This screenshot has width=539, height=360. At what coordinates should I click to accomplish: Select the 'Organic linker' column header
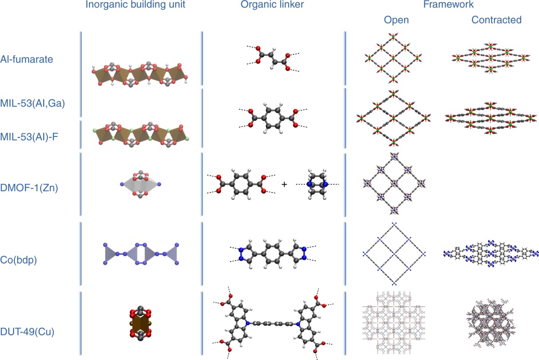click(x=268, y=7)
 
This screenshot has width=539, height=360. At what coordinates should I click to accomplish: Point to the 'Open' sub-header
click(x=396, y=20)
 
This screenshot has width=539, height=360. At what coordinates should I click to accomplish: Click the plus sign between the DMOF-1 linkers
click(x=284, y=184)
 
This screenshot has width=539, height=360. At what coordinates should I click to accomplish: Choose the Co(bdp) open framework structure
click(x=393, y=254)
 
